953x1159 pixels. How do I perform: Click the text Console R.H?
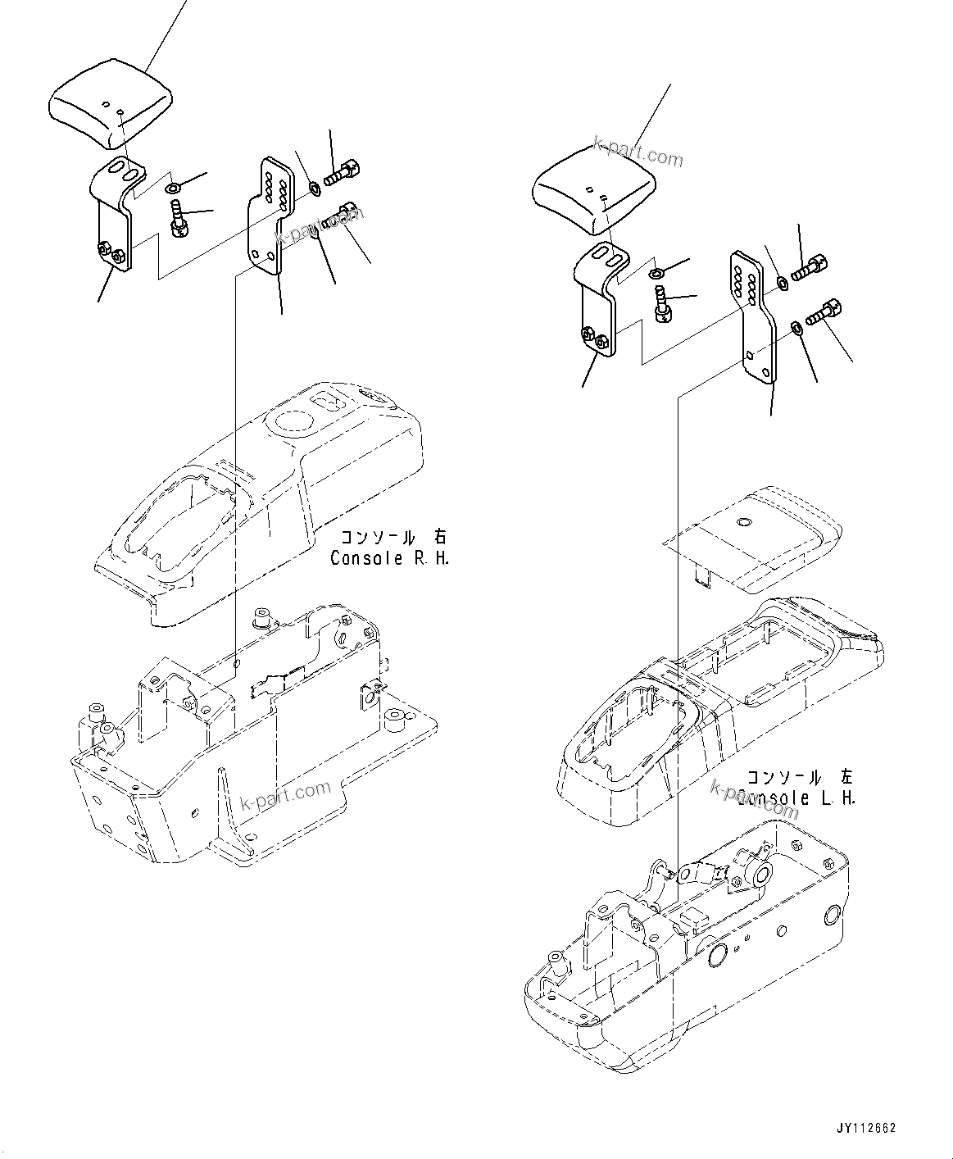389,558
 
